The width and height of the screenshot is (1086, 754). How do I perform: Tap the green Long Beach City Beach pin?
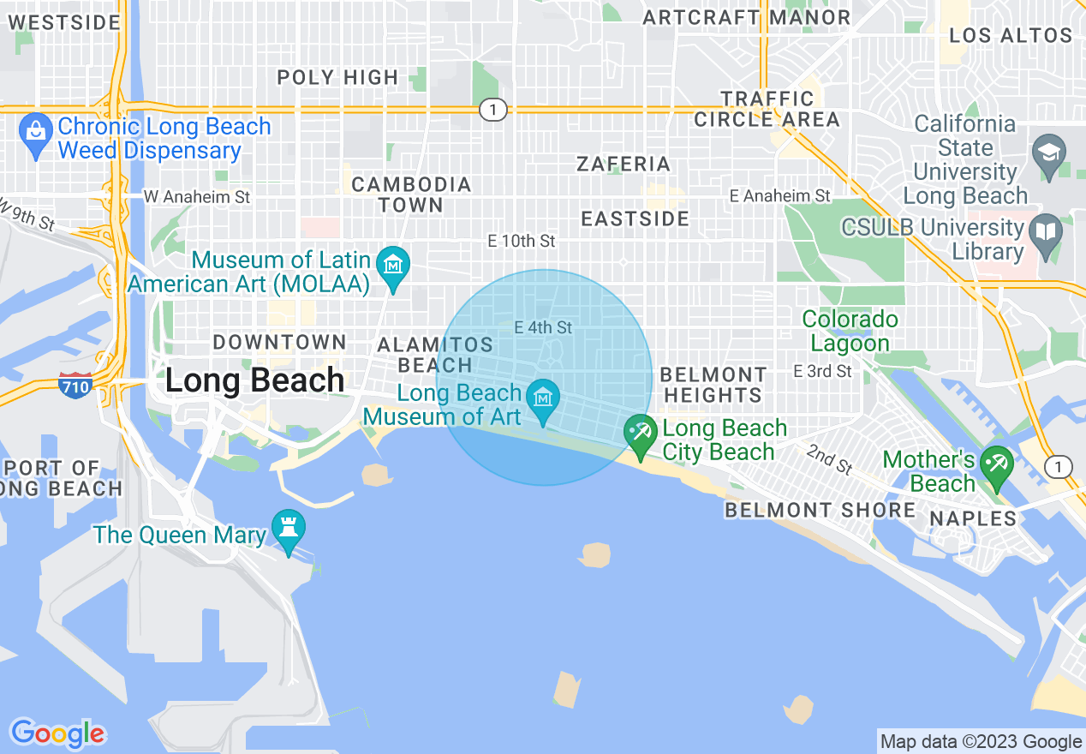[639, 434]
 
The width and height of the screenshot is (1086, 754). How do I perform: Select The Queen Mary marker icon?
[288, 530]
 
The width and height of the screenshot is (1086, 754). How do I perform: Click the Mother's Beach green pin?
[997, 465]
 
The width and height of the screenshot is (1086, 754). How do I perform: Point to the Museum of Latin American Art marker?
[394, 265]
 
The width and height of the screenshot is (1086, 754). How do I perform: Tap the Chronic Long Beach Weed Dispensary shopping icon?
[35, 133]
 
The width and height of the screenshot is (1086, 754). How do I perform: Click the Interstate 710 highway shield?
[75, 387]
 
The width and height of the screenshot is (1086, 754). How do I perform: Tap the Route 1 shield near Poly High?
[492, 109]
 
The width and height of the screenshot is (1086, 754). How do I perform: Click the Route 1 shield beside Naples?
[1059, 467]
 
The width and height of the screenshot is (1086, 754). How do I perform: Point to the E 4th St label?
[543, 327]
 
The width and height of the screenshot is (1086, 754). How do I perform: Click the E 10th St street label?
[522, 242]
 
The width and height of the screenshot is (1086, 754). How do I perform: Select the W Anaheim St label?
[197, 196]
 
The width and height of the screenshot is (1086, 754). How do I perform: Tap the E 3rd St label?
[822, 371]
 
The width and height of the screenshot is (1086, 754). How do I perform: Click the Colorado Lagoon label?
[850, 332]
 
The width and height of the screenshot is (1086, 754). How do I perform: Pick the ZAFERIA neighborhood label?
[624, 164]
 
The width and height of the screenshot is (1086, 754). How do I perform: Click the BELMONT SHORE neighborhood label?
[820, 511]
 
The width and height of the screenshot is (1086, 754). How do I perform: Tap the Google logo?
[57, 733]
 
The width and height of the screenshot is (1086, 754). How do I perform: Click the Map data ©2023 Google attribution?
[981, 741]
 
